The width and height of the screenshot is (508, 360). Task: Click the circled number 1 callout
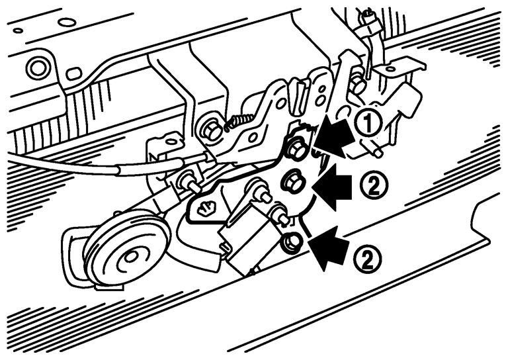369,123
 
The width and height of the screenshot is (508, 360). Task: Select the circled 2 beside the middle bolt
374,185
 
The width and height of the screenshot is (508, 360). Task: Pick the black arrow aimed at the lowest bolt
329,247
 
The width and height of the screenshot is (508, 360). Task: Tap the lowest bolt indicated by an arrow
292,243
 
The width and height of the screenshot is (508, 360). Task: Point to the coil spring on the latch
238,121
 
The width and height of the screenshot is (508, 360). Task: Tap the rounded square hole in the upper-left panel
75,73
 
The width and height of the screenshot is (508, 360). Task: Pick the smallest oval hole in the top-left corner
18,31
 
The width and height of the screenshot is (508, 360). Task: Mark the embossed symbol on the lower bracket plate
205,206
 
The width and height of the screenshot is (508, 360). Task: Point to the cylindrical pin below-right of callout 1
372,148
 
